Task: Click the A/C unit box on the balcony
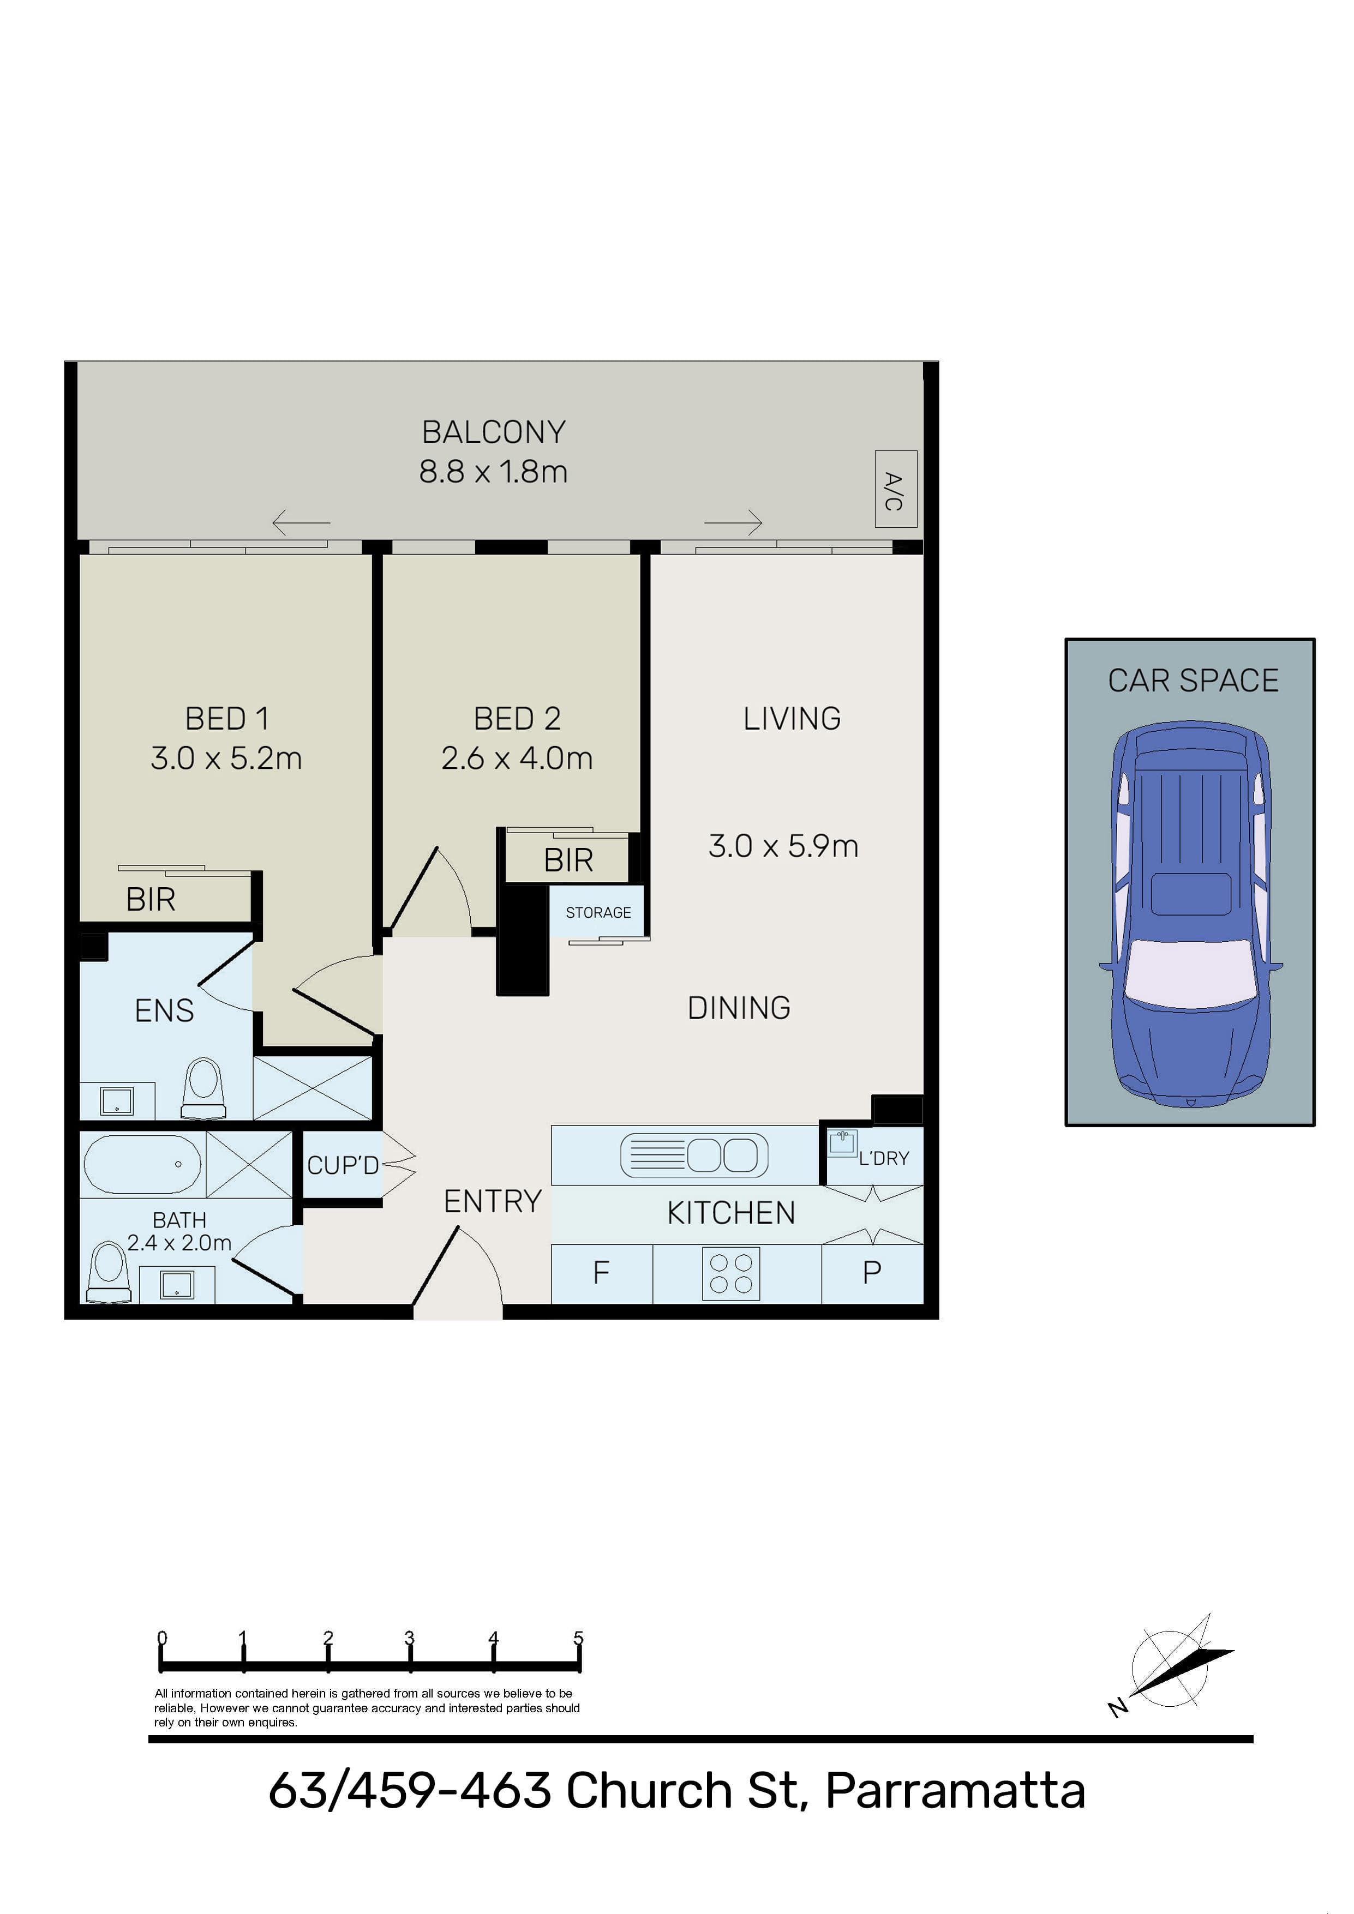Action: tap(895, 489)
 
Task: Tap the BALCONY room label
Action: tap(494, 432)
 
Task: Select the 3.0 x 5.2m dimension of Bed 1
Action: tap(226, 759)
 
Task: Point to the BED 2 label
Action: tap(517, 719)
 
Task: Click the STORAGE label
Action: tap(598, 913)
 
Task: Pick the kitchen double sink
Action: tap(694, 1156)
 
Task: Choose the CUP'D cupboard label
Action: tap(343, 1165)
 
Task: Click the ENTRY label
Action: tap(493, 1201)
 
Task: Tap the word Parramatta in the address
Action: tap(955, 1791)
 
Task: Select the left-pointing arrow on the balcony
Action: tap(301, 523)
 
